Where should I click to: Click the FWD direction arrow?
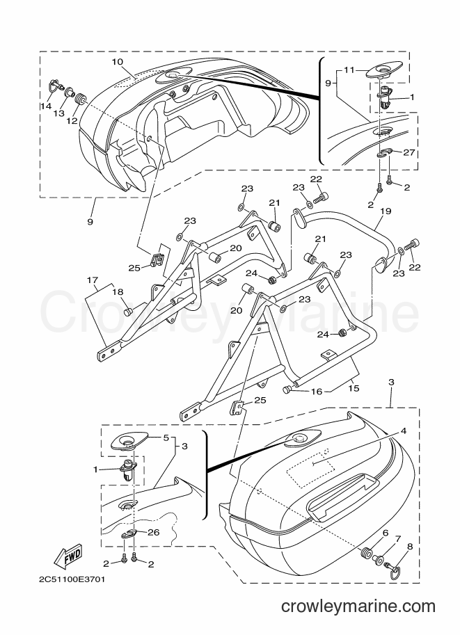(x=68, y=556)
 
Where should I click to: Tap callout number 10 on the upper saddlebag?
(x=117, y=62)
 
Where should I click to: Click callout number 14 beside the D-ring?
(x=46, y=106)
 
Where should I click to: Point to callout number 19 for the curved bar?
(x=386, y=211)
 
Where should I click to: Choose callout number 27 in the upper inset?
(x=409, y=152)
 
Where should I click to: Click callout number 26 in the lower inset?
(x=153, y=532)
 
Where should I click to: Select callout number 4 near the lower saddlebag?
(x=403, y=431)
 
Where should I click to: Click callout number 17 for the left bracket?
(x=93, y=280)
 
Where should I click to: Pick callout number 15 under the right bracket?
(x=354, y=388)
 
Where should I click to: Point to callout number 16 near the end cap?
(x=317, y=391)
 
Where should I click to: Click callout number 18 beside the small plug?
(x=118, y=292)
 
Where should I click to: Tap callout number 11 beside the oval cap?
(x=349, y=70)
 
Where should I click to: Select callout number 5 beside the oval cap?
(x=166, y=437)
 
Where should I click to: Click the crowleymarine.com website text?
(x=358, y=606)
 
